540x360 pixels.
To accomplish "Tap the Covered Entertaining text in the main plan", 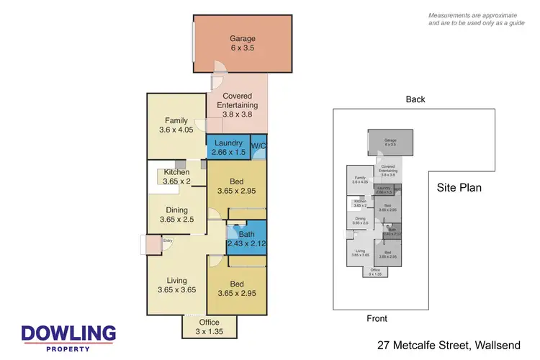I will pyautogui.click(x=236, y=102).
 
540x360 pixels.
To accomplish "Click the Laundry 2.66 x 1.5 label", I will pyautogui.click(x=227, y=148).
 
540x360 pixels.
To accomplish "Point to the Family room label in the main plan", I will pyautogui.click(x=176, y=126).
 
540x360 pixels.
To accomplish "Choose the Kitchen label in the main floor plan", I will pyautogui.click(x=176, y=176).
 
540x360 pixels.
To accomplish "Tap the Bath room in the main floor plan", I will pyautogui.click(x=247, y=239).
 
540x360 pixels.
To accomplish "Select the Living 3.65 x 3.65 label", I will pyautogui.click(x=176, y=285).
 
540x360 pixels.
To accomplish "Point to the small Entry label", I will pyautogui.click(x=168, y=241).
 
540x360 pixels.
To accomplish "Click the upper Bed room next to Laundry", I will pyautogui.click(x=236, y=186).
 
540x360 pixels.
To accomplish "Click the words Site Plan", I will pyautogui.click(x=459, y=188).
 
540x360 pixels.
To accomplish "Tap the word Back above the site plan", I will pyautogui.click(x=415, y=99).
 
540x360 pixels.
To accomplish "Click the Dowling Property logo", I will pyautogui.click(x=68, y=337).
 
